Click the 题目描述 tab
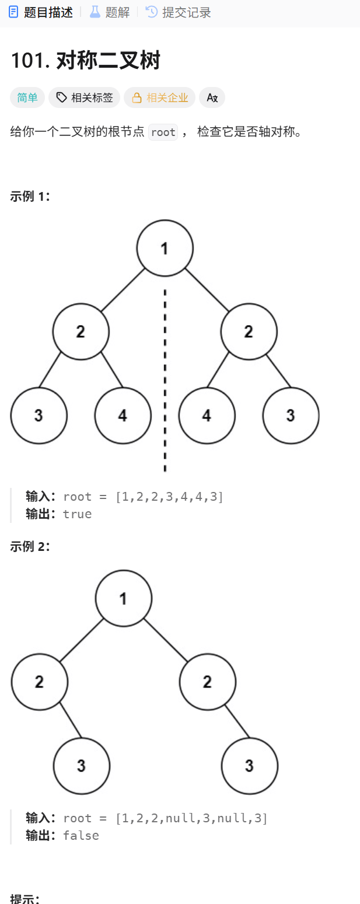pyautogui.click(x=41, y=12)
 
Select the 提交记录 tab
pyautogui.click(x=179, y=12)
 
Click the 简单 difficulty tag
pyautogui.click(x=27, y=97)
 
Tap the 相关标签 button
pyautogui.click(x=85, y=97)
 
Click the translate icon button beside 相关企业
pyautogui.click(x=212, y=97)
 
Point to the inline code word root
pyautogui.click(x=163, y=132)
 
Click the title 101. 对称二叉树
pyautogui.click(x=85, y=60)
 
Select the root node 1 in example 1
pyautogui.click(x=165, y=248)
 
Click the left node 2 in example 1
pyautogui.click(x=81, y=331)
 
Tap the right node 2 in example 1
pyautogui.click(x=249, y=331)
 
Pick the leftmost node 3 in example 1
pyautogui.click(x=39, y=416)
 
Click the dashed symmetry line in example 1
pyautogui.click(x=165, y=379)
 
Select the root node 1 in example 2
pyautogui.click(x=124, y=598)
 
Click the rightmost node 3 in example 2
pyautogui.click(x=250, y=766)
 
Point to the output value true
pyautogui.click(x=78, y=514)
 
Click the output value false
pyautogui.click(x=81, y=835)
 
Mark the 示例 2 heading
pyautogui.click(x=30, y=547)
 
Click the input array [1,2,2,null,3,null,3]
pyautogui.click(x=191, y=818)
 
